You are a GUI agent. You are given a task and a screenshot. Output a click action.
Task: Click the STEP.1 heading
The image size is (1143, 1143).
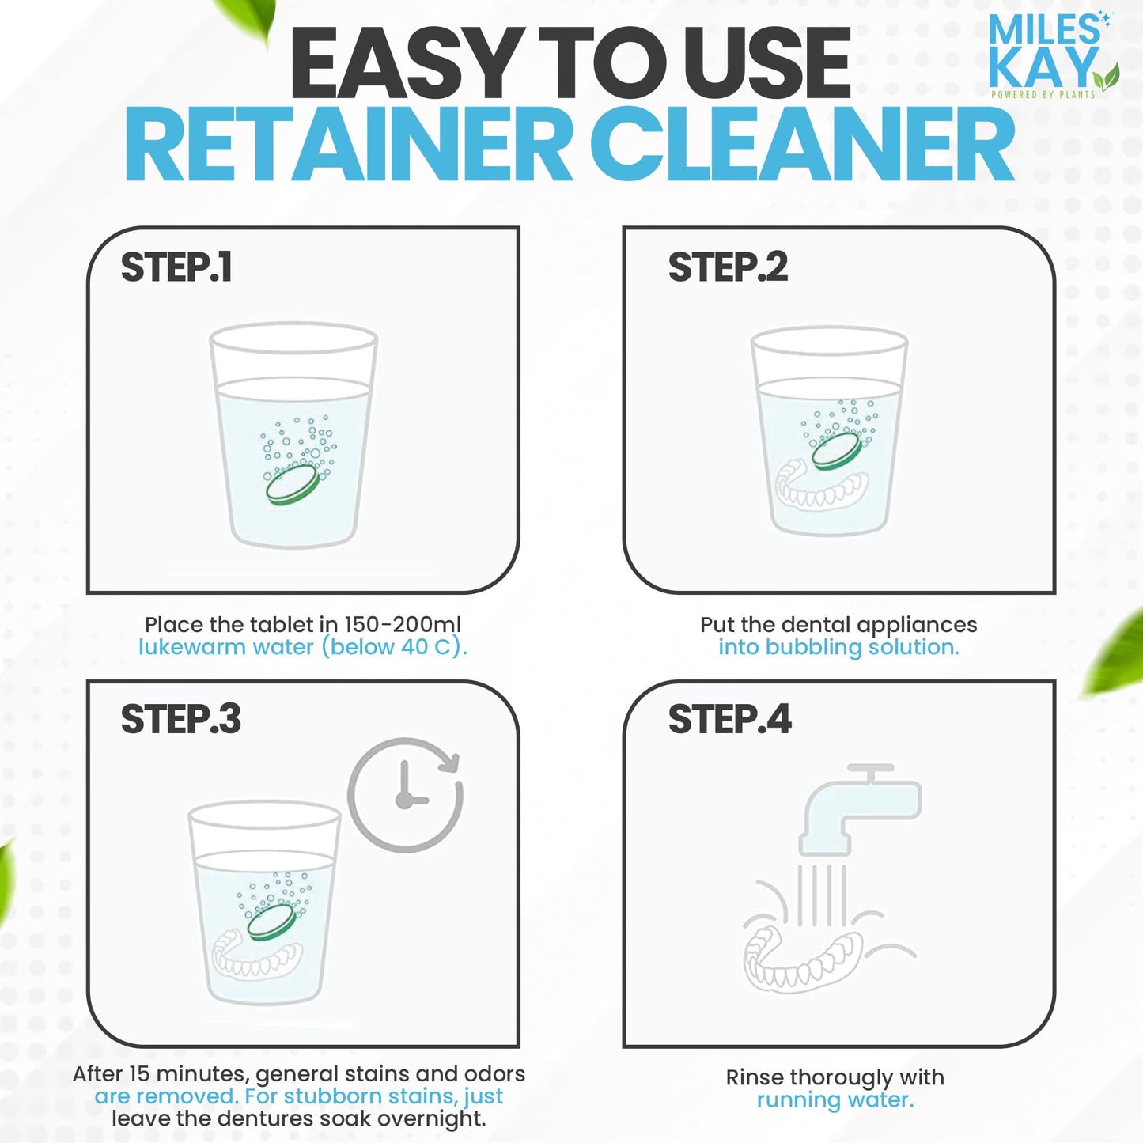coord(176,267)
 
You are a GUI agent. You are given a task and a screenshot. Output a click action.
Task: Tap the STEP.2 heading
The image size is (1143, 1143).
coord(728,267)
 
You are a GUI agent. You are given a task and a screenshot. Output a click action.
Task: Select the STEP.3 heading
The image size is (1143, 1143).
coord(180,720)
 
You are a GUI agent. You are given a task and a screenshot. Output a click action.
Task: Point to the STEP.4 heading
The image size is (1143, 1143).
coord(729,720)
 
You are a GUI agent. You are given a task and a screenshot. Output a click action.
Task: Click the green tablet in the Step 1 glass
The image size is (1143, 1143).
coord(293,484)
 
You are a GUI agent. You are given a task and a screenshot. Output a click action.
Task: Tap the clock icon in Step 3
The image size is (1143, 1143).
coord(406,794)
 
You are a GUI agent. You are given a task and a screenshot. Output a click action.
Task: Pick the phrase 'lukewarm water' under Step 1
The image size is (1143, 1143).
coord(226,647)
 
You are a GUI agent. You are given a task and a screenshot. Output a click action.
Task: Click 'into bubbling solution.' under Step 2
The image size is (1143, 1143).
coord(838,647)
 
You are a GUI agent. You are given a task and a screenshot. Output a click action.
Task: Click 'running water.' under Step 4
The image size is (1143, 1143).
coord(835,1100)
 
